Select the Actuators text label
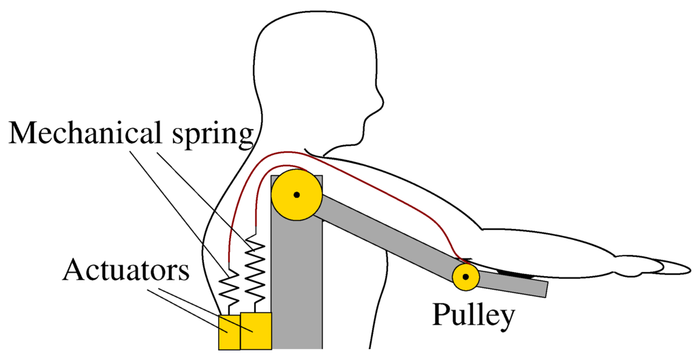point(125,271)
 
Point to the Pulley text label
point(472,315)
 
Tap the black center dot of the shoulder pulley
point(297,196)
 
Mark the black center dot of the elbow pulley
point(466,277)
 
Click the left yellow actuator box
point(229,332)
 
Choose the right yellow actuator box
point(256,330)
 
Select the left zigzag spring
point(230,288)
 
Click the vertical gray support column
point(297,286)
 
